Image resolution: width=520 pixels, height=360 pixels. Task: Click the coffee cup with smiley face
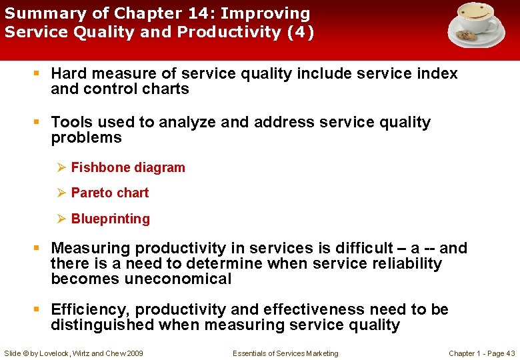(477, 18)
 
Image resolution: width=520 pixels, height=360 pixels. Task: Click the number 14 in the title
(190, 13)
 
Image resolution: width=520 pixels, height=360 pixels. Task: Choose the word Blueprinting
(111, 219)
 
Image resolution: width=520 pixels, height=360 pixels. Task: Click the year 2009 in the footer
(133, 353)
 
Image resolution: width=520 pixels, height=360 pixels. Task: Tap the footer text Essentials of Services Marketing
(285, 353)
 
